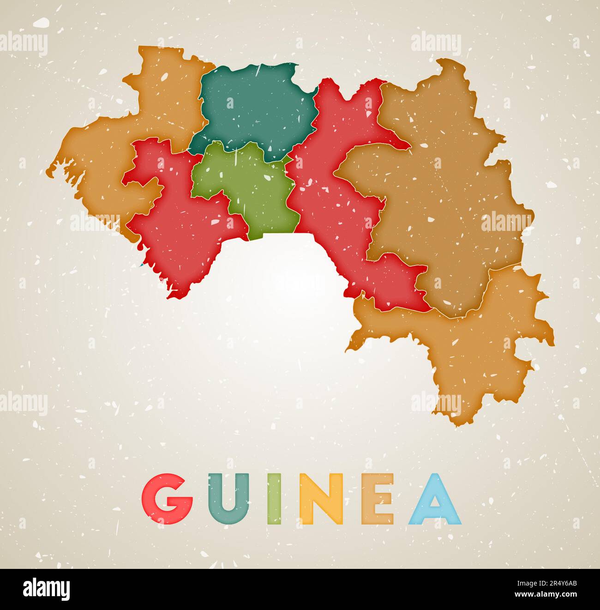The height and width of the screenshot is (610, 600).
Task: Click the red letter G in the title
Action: point(167,499)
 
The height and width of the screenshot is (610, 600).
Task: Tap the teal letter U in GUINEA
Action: point(228,499)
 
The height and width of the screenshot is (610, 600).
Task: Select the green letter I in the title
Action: point(273,499)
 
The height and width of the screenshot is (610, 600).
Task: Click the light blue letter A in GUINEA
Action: point(434,500)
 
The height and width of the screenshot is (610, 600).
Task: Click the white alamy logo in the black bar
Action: point(46,590)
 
